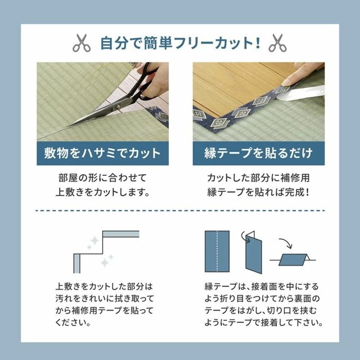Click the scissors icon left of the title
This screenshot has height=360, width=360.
point(82,43)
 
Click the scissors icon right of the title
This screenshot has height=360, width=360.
point(277,43)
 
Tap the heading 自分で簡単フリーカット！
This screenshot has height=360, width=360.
point(180,43)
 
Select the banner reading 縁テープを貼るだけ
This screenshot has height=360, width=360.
point(258,154)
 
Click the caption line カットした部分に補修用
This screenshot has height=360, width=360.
point(258,176)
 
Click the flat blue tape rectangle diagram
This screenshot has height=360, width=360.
point(217,250)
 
